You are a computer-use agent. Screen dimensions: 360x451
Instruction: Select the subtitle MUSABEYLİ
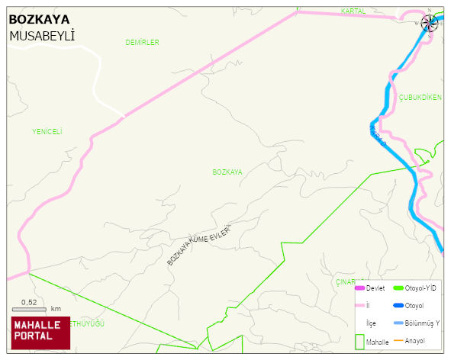pyautogui.click(x=41, y=36)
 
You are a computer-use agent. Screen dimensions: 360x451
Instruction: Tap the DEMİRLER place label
pyautogui.click(x=142, y=43)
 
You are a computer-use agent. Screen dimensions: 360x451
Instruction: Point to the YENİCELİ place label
pyautogui.click(x=47, y=131)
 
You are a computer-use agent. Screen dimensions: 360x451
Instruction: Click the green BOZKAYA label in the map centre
pyautogui.click(x=227, y=172)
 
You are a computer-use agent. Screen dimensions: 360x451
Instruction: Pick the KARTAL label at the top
pyautogui.click(x=353, y=11)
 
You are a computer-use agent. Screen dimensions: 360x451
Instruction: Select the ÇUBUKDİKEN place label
pyautogui.click(x=420, y=98)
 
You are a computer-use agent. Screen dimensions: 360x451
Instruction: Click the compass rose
pyautogui.click(x=430, y=23)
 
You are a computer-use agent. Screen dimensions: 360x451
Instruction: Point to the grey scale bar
pyautogui.click(x=30, y=309)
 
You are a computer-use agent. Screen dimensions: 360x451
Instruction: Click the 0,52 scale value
pyautogui.click(x=29, y=302)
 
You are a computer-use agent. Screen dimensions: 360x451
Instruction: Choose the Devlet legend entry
pyautogui.click(x=375, y=288)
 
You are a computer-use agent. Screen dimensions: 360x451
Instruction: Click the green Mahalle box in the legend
pyautogui.click(x=359, y=342)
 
